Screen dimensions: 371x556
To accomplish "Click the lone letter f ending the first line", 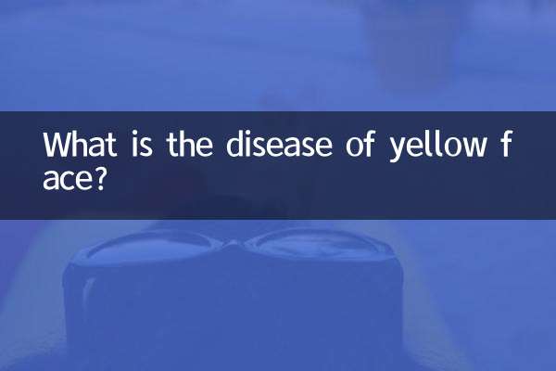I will (508, 146).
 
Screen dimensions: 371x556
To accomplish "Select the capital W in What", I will (57, 146).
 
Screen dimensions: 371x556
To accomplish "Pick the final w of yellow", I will (475, 148).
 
